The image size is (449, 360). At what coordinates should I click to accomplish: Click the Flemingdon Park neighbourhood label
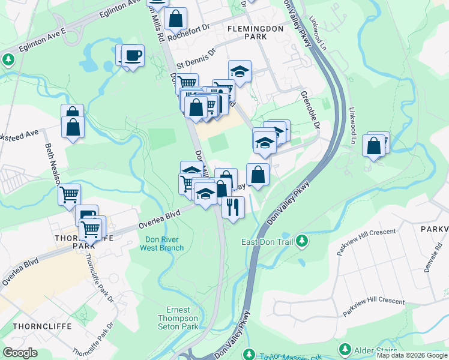247,32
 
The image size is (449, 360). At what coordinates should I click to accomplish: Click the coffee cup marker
133,56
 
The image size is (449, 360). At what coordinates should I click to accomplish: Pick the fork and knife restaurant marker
233,207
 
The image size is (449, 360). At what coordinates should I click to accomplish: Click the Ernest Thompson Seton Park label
178,318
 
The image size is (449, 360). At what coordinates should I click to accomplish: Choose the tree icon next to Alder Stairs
345,349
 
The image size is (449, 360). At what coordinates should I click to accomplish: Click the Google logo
20,353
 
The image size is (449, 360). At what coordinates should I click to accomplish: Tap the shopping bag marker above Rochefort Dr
176,19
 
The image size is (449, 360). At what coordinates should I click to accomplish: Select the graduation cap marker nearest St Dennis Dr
240,71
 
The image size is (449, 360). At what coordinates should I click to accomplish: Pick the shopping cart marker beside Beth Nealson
69,194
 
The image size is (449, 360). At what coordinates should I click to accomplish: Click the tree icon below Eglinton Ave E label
8,60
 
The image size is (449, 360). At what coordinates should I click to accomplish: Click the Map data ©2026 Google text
412,355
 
